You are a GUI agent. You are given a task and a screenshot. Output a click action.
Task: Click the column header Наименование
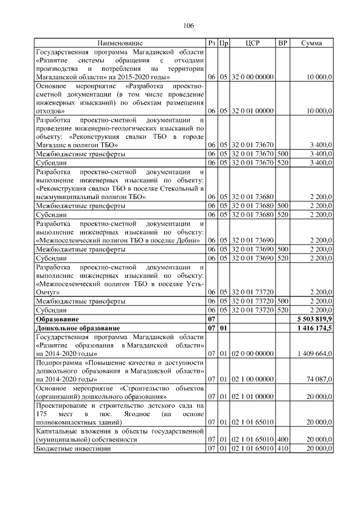coord(120,43)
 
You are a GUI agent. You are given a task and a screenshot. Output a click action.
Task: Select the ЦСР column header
coord(253,43)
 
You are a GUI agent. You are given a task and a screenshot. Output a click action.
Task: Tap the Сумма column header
coord(311,43)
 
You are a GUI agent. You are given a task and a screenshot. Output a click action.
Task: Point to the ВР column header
coord(283,43)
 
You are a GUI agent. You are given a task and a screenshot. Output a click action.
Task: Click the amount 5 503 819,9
coord(314,318)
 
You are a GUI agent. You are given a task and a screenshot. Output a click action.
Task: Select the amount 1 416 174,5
coord(314,327)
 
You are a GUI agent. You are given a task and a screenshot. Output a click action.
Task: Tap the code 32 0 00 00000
coord(253,76)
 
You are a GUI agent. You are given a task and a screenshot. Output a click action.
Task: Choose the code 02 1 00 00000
coord(253,380)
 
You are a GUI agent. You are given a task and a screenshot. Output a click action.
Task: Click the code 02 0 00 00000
coord(253,353)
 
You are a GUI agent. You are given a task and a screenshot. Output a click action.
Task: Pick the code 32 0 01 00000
coord(253,111)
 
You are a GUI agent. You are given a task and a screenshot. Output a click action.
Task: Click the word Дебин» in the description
coord(188,241)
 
